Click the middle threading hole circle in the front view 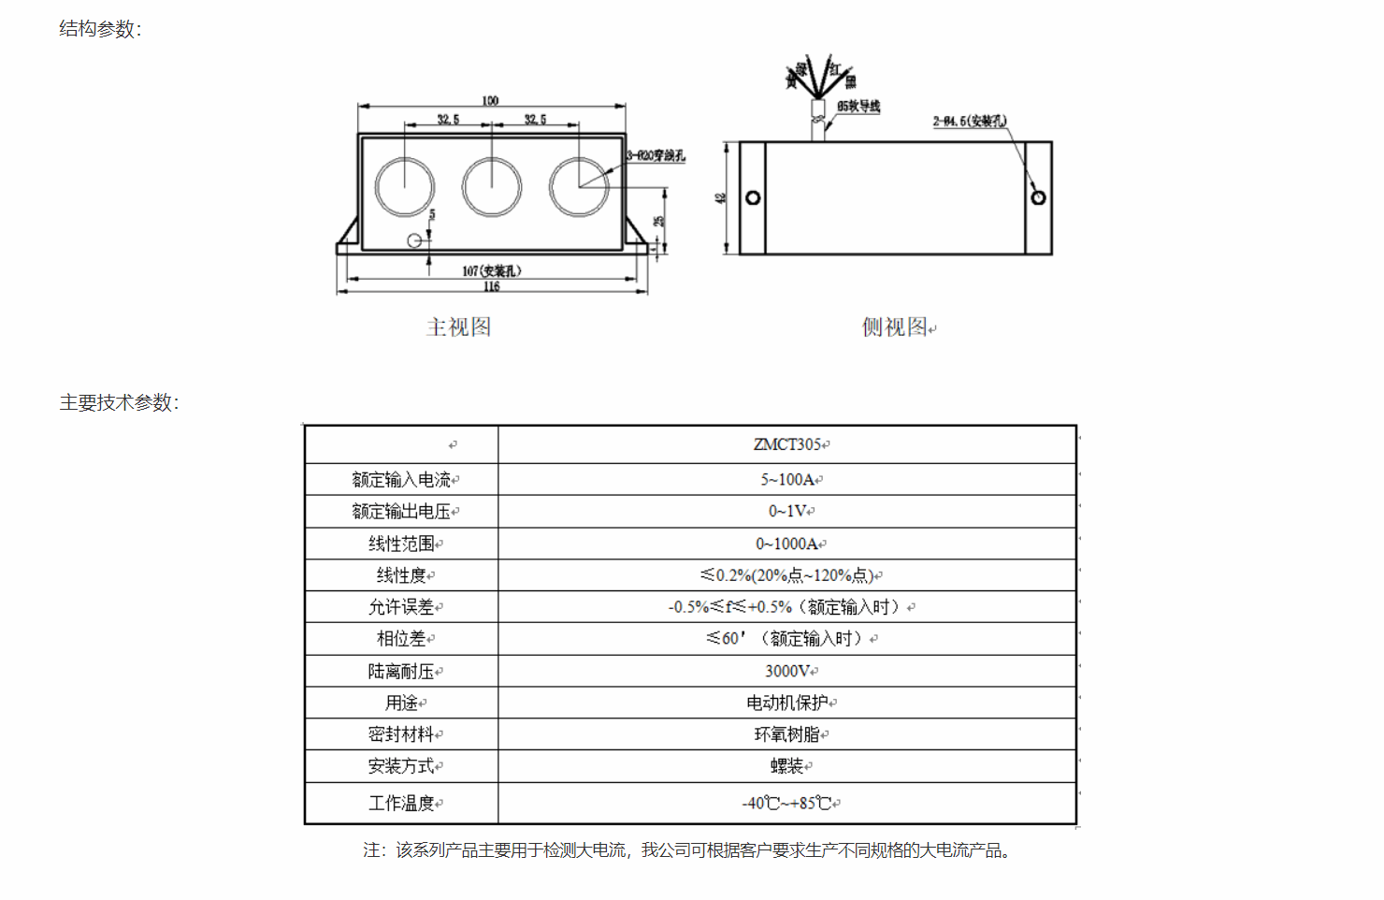[x=492, y=186]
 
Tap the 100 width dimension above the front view [x=490, y=100]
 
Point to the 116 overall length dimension [x=492, y=287]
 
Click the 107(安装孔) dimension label [x=492, y=271]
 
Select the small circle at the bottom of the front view [x=414, y=240]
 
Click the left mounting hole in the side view [x=753, y=198]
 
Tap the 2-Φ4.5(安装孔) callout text [x=970, y=121]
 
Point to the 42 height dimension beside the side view [x=720, y=198]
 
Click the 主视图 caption [x=458, y=327]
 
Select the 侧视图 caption [x=895, y=327]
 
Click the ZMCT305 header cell [x=787, y=444]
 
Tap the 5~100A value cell [x=787, y=480]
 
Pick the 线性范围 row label [x=402, y=544]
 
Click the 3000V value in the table [x=787, y=671]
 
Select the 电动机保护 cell [x=787, y=703]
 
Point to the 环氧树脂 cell [x=787, y=734]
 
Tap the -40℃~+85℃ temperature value [x=787, y=803]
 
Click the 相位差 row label [x=402, y=639]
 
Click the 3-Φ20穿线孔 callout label [x=656, y=155]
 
